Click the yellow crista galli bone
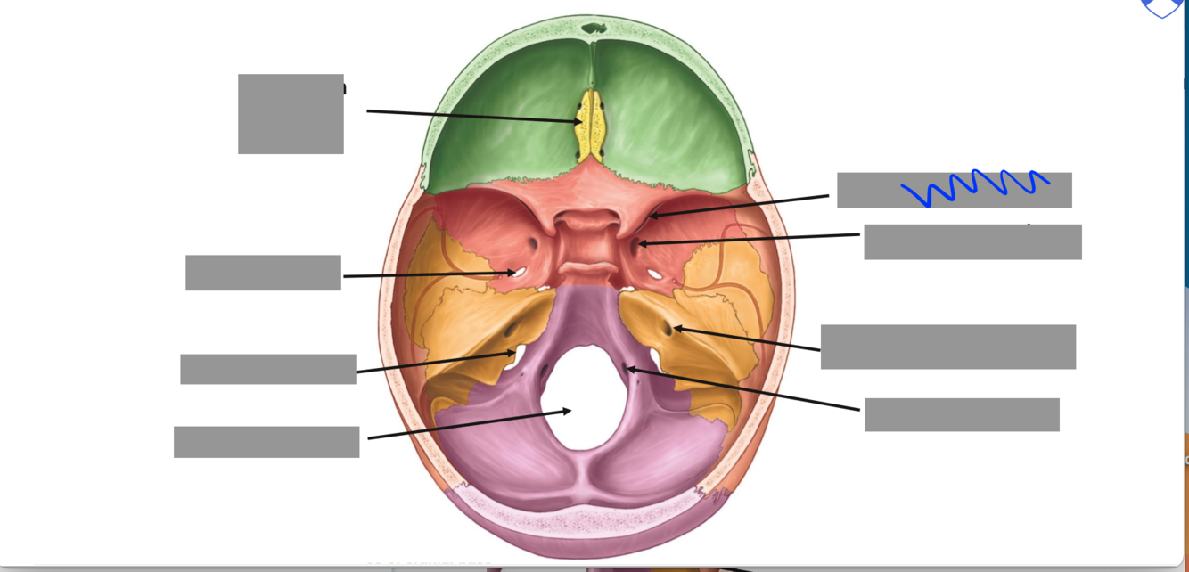click(589, 126)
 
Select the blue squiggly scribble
click(973, 186)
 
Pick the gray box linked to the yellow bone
click(291, 114)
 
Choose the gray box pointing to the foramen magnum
click(266, 442)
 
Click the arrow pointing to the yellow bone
click(472, 116)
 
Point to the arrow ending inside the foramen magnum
click(468, 425)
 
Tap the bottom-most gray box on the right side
click(962, 415)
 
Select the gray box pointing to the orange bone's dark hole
click(947, 347)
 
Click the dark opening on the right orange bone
click(668, 330)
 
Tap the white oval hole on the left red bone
click(514, 273)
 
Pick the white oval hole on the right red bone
click(655, 274)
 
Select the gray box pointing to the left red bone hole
click(263, 273)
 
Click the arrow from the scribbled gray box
click(740, 206)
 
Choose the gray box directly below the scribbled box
click(972, 242)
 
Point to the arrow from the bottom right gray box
click(744, 389)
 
